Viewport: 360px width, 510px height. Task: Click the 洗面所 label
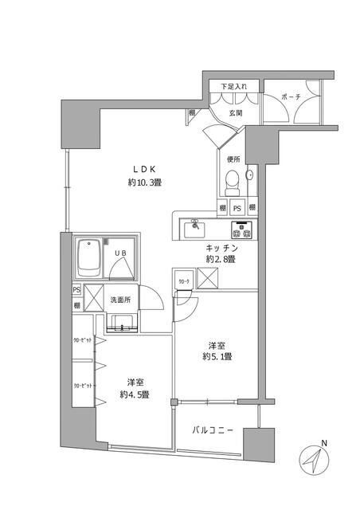point(120,300)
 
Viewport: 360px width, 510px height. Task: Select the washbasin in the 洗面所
point(120,321)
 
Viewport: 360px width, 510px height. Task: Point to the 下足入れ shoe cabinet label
point(234,85)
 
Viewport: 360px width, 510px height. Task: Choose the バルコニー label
point(213,430)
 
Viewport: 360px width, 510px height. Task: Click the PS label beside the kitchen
point(237,208)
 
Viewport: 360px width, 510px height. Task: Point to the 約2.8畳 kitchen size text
point(219,260)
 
